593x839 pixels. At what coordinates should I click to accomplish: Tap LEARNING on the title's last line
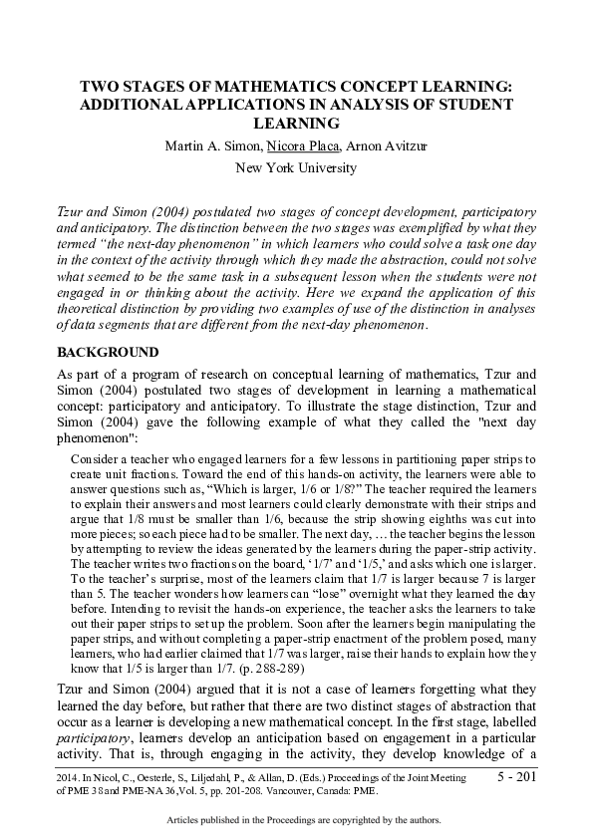click(x=296, y=123)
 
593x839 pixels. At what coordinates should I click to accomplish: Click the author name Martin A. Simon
click(x=199, y=146)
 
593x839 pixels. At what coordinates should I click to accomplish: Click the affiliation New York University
click(x=295, y=167)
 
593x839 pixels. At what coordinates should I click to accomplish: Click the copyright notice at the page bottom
click(x=295, y=819)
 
